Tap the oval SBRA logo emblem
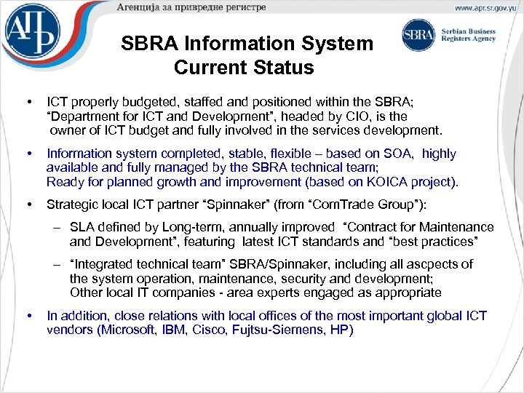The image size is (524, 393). [418, 35]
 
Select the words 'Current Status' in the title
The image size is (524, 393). [244, 68]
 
